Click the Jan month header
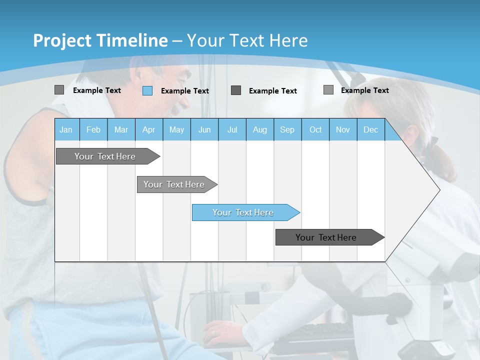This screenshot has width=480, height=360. (x=66, y=129)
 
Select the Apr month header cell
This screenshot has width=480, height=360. (x=149, y=129)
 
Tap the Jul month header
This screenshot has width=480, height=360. (x=232, y=129)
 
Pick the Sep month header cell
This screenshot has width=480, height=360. (x=287, y=129)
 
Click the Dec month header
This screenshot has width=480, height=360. (x=370, y=129)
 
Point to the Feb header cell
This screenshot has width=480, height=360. (x=93, y=129)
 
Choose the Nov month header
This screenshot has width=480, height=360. (x=343, y=129)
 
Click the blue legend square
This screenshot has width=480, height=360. (x=147, y=90)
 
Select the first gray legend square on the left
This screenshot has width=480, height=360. (x=59, y=90)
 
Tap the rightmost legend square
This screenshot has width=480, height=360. (x=328, y=90)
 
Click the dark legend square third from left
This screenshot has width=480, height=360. (x=236, y=90)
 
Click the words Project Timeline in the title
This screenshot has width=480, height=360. (x=100, y=40)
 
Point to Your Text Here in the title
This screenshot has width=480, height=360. (x=247, y=40)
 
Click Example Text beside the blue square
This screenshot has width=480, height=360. (x=185, y=91)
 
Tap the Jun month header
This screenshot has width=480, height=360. (x=204, y=129)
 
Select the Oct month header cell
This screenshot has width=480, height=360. (x=315, y=129)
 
